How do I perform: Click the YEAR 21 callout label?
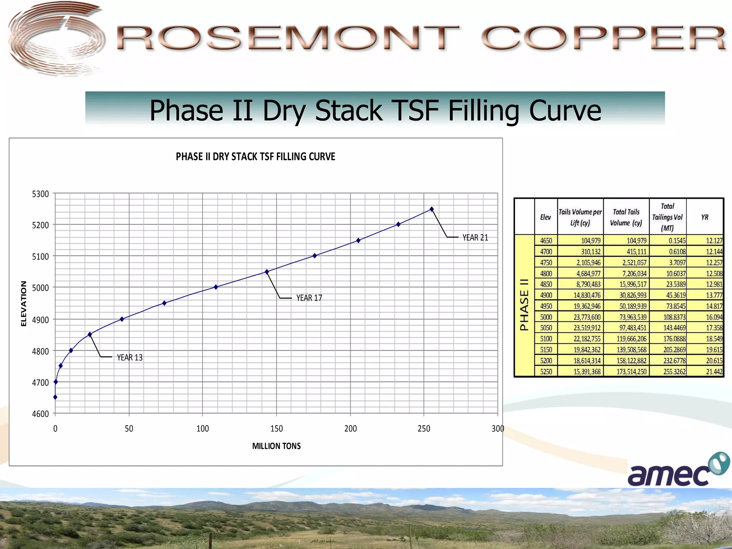(x=475, y=238)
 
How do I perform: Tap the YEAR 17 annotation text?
(x=309, y=298)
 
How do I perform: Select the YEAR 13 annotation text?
(x=130, y=357)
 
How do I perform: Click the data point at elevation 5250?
(x=432, y=209)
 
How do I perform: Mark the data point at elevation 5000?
(x=216, y=287)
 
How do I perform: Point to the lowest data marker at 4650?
(x=55, y=397)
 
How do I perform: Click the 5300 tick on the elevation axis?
(x=40, y=194)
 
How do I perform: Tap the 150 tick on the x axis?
(x=276, y=429)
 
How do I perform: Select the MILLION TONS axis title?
(x=276, y=446)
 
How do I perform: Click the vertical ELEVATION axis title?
(x=24, y=303)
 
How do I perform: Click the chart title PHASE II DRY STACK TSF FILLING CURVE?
(x=255, y=157)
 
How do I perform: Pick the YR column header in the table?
(x=704, y=217)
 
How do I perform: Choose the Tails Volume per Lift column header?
(x=580, y=217)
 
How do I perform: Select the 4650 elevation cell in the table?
(x=546, y=241)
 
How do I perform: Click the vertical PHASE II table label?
(x=524, y=305)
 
